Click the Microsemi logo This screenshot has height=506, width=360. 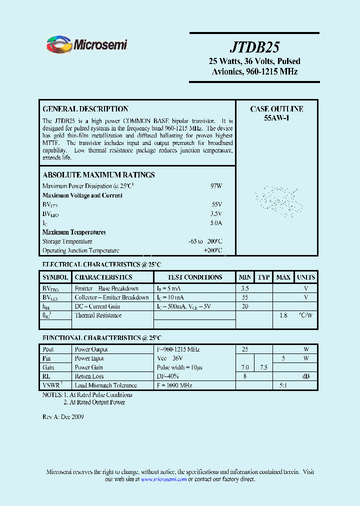click(87, 45)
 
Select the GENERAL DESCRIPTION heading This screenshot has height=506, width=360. click(85, 109)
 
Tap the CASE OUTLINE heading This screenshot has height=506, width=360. click(276, 109)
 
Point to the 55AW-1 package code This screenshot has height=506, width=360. click(276, 118)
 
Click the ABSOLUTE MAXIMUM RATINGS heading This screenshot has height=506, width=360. click(98, 175)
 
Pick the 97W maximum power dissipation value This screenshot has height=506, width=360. click(216, 186)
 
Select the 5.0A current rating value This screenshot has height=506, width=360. click(216, 223)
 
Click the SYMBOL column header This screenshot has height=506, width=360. click(55, 277)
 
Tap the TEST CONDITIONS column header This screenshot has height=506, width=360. click(194, 277)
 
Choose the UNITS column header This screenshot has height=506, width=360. click(305, 277)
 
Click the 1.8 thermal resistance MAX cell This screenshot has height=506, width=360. click(283, 315)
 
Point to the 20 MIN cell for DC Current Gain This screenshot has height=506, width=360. click(245, 306)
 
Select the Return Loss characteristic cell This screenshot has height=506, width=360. click(89, 376)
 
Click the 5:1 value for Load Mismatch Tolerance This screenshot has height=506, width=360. click(283, 385)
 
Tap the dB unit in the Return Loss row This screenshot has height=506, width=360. click(305, 376)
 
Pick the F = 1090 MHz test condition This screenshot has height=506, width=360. click(174, 385)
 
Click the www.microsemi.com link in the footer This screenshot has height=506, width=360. click(163, 479)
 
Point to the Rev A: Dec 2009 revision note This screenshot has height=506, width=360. click(62, 417)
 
